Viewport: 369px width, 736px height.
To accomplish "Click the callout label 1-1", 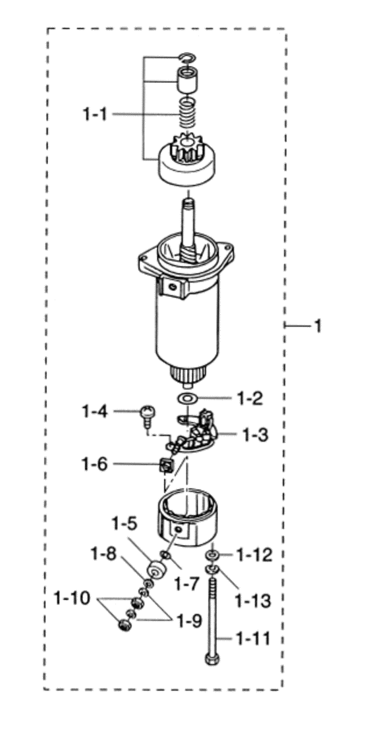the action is coord(96,114).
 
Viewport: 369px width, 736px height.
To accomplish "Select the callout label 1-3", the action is coord(255,435).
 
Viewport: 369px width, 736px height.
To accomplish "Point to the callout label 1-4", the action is coord(94,411).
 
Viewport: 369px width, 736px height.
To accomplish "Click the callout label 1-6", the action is coord(94,465).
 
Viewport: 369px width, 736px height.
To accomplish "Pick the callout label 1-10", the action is coord(71,598).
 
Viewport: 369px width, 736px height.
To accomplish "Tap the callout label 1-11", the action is coord(254,639).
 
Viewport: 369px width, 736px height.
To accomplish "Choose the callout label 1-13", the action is coord(254,600).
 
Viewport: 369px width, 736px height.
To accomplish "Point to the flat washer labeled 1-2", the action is coord(188,398).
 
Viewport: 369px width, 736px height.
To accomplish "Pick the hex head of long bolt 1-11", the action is coord(212,659).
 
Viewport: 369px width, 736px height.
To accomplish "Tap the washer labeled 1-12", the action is coord(212,556).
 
